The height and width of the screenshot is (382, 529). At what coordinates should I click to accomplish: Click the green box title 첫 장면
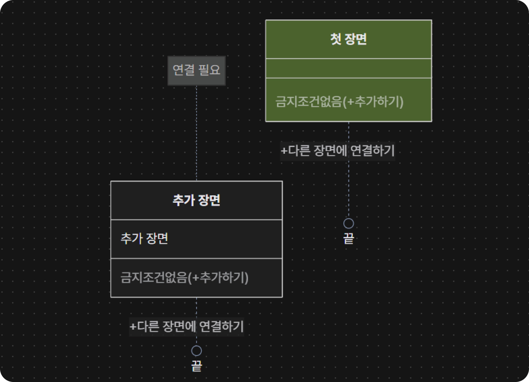click(x=349, y=39)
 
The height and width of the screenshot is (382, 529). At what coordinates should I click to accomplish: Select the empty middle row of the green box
click(x=349, y=68)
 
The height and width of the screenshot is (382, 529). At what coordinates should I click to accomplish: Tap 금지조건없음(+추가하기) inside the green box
click(x=339, y=102)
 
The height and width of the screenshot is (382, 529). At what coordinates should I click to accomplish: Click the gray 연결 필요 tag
click(x=197, y=70)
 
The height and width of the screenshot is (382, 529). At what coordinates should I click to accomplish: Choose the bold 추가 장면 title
click(x=197, y=200)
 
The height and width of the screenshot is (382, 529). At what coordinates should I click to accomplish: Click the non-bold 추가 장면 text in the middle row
click(x=144, y=238)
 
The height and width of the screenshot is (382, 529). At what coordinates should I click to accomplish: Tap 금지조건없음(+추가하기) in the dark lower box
click(x=185, y=277)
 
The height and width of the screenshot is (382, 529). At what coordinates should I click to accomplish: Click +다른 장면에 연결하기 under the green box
click(x=338, y=151)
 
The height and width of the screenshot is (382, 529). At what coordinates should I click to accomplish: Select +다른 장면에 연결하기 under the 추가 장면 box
click(x=187, y=327)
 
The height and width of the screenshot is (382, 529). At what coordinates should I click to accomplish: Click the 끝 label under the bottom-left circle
click(x=197, y=366)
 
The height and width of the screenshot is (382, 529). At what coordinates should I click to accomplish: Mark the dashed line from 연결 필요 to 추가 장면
click(x=197, y=133)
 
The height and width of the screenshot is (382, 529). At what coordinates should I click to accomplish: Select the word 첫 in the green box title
click(x=336, y=39)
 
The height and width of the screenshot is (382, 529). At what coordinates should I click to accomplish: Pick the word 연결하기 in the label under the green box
click(x=373, y=151)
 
